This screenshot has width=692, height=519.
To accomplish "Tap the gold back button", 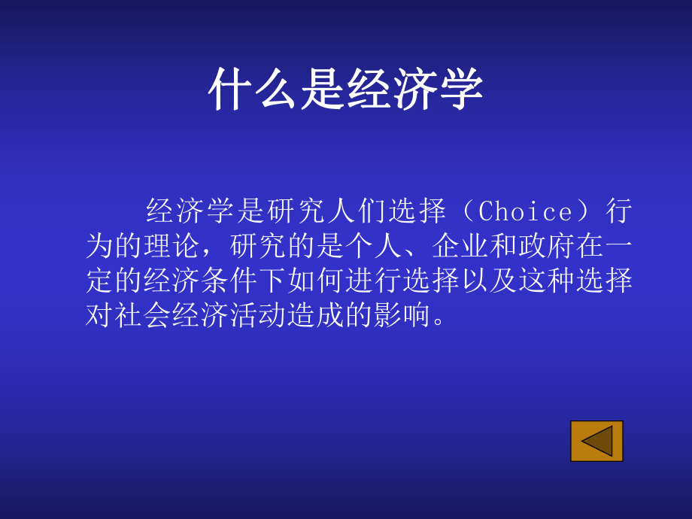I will click(x=596, y=441).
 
